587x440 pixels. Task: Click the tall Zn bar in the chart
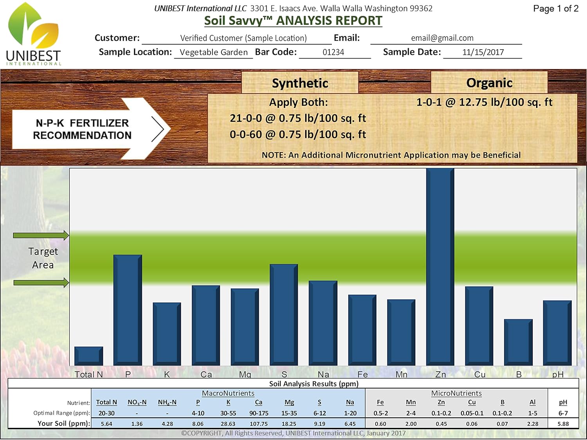[x=440, y=266]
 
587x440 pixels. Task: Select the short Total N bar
[x=89, y=356]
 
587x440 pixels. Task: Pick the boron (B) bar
[x=518, y=342]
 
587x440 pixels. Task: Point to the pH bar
[x=557, y=332]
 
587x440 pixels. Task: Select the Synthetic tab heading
[x=300, y=83]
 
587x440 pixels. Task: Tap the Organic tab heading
[x=489, y=83]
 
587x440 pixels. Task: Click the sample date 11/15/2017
[x=483, y=52]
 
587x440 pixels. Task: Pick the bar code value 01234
[x=333, y=52]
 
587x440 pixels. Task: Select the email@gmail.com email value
[x=442, y=38]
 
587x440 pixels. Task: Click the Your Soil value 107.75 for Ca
[x=259, y=424]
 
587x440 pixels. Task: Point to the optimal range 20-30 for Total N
[x=106, y=413]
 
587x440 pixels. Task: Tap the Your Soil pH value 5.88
[x=563, y=424]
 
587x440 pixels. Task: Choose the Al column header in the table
[x=533, y=402]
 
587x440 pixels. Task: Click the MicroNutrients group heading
[x=456, y=393]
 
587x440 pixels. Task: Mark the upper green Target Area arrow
[x=41, y=235]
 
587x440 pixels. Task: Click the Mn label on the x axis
[x=402, y=374]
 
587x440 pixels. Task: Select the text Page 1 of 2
[x=556, y=9]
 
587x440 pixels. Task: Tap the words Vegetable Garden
[x=214, y=52]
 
